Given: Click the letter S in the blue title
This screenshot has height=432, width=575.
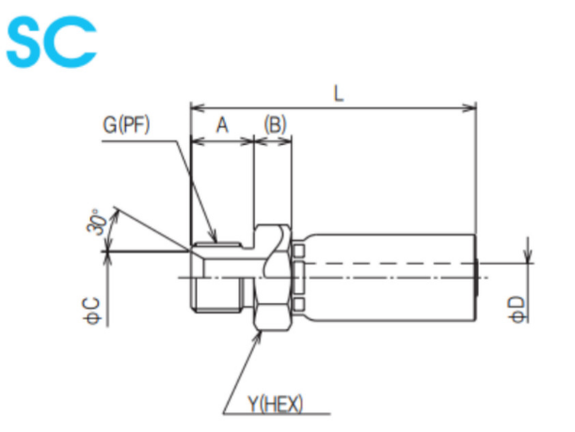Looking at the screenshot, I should pyautogui.click(x=28, y=44).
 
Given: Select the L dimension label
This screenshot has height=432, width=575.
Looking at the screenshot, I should pyautogui.click(x=337, y=94).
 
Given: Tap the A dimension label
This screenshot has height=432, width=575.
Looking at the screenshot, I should pyautogui.click(x=222, y=125).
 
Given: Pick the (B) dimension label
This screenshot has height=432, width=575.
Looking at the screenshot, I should pyautogui.click(x=274, y=125).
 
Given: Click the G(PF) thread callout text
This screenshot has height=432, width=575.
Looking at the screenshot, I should pyautogui.click(x=127, y=123).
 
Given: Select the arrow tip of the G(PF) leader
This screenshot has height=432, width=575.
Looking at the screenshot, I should pyautogui.click(x=215, y=239).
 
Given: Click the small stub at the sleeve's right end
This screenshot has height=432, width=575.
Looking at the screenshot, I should pyautogui.click(x=480, y=276).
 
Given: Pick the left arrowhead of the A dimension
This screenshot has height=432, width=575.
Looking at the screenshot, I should pyautogui.click(x=195, y=142).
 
